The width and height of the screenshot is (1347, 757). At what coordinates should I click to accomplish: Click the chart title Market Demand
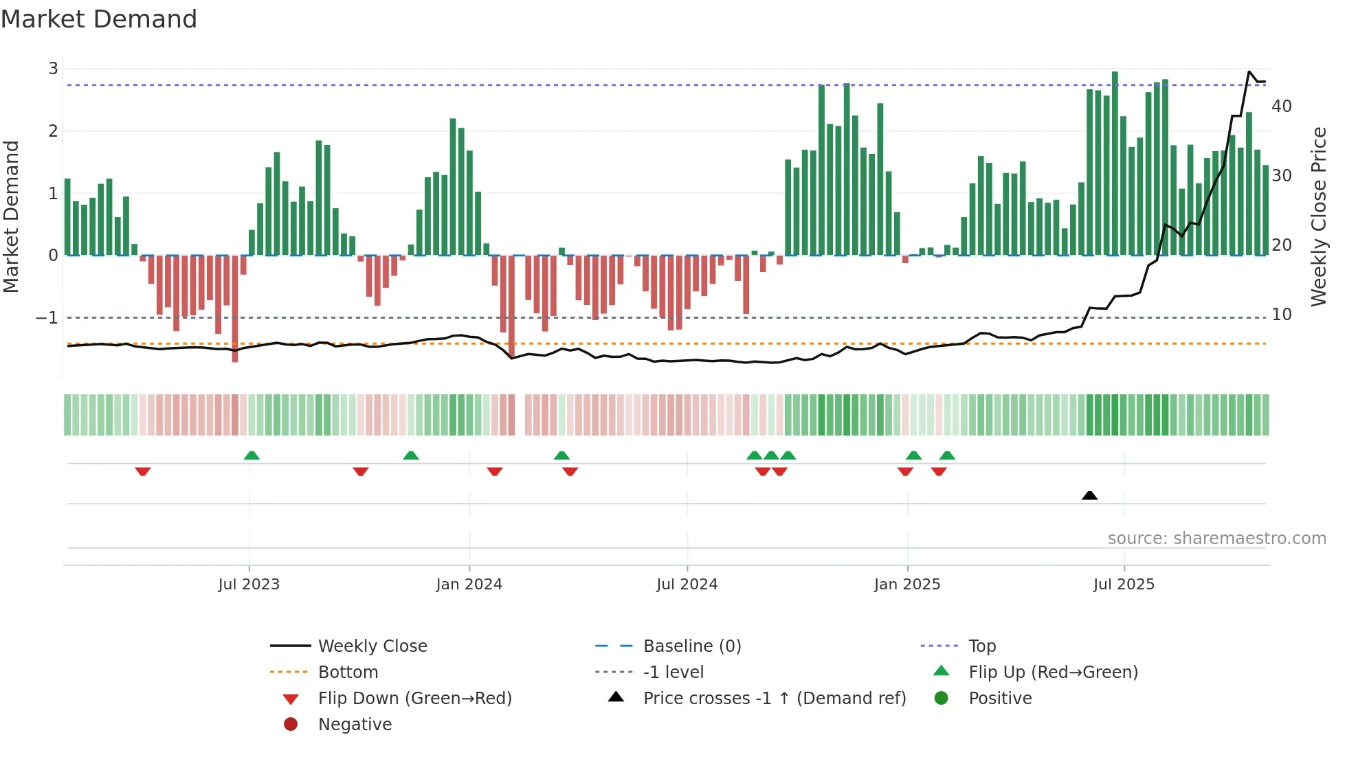point(99,19)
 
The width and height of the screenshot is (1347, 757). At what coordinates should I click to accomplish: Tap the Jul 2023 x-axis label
point(249,585)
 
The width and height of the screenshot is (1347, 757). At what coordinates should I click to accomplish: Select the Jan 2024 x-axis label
point(469,585)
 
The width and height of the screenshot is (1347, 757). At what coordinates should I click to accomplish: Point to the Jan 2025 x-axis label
point(906,585)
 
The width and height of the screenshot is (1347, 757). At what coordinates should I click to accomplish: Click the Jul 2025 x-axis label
point(1124,585)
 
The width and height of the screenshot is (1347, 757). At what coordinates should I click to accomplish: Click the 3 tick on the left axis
point(53,69)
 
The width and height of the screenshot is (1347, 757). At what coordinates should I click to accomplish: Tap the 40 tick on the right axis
point(1281,106)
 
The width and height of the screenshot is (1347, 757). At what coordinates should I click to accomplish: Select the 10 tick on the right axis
point(1281,315)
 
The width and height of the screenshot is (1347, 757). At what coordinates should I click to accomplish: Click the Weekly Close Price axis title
point(1318,216)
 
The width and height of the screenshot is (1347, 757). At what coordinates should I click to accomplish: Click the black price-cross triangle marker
point(1089,495)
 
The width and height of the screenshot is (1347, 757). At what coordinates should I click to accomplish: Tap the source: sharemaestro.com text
point(1216,539)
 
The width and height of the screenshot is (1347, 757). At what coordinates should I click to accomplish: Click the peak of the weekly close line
point(1249,72)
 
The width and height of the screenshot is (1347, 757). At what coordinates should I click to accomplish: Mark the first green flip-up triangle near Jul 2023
point(252,455)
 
